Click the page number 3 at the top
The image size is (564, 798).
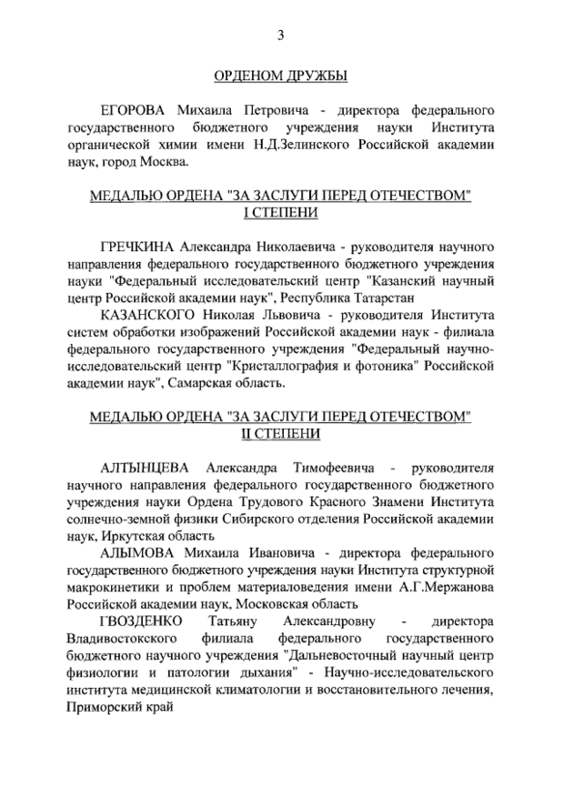point(281,35)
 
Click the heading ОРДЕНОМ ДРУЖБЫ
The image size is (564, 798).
point(280,76)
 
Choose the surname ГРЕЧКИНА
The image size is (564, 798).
point(138,247)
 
